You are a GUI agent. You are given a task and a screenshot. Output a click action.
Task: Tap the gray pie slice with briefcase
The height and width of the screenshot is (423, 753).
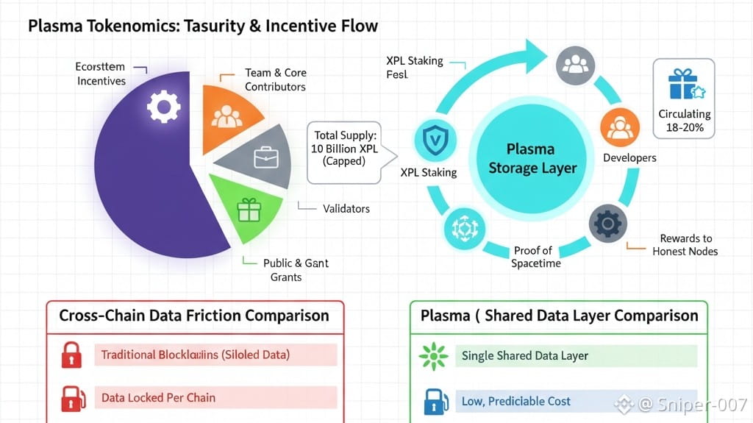tap(262, 157)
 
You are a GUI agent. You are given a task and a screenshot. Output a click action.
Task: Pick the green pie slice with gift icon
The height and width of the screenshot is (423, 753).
tap(248, 210)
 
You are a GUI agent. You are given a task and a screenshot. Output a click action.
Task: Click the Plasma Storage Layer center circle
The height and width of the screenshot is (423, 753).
tap(532, 158)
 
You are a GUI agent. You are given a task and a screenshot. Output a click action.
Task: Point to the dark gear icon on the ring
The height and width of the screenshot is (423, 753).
tap(607, 222)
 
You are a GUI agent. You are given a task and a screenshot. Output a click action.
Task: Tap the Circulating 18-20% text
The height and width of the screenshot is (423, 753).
tap(684, 121)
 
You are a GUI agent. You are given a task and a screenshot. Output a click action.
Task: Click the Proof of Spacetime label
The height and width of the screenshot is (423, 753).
tap(532, 257)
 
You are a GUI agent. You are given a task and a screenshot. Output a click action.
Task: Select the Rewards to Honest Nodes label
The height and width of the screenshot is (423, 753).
tap(685, 245)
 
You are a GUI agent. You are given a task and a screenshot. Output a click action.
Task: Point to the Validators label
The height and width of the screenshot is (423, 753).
tap(346, 208)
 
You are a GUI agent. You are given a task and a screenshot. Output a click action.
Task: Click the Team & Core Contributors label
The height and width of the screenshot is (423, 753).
tap(275, 79)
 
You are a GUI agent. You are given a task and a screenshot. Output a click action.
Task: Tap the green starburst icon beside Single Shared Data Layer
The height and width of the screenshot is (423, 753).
tap(432, 356)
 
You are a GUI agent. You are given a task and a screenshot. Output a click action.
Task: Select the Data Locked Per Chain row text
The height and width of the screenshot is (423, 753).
tap(158, 398)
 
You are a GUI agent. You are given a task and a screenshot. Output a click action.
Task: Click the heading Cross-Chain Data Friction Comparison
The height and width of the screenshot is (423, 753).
tap(194, 316)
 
